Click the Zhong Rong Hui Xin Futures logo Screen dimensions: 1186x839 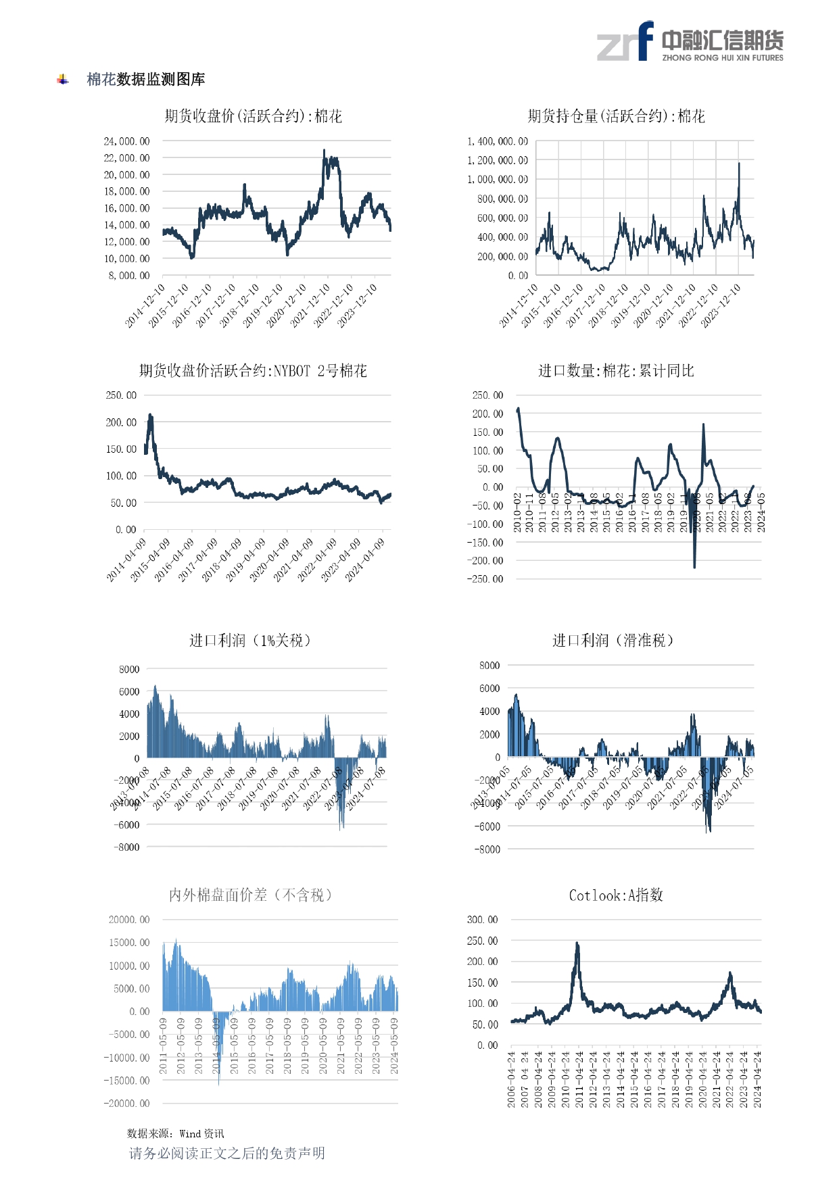point(690,42)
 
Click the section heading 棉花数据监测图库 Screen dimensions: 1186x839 point(145,80)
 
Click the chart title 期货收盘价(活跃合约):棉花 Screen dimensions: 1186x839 point(254,116)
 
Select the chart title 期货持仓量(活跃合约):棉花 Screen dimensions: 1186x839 point(616,116)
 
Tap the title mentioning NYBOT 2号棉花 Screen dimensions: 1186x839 point(254,370)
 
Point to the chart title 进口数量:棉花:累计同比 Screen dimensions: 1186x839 point(616,370)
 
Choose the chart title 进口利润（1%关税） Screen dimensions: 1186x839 point(250,640)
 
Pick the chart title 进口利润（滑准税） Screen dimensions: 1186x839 point(613,640)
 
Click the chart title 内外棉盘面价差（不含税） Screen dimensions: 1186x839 point(250,895)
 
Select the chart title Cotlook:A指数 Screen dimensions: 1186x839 point(616,895)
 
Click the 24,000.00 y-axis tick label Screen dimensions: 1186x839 point(126,141)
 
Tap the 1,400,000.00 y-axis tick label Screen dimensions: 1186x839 point(498,141)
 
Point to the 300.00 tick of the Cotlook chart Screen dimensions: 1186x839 point(482,920)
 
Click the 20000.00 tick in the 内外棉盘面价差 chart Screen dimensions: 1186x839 point(129,920)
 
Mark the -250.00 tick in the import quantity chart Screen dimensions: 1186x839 point(485,579)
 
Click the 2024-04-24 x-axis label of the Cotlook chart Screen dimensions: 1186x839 point(758,1079)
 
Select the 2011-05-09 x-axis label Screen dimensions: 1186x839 point(163,1045)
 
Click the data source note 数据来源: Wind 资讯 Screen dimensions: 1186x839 point(175,1133)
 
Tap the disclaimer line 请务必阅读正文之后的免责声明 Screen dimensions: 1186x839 point(227,1153)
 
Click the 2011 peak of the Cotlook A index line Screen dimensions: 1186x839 point(577,943)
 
